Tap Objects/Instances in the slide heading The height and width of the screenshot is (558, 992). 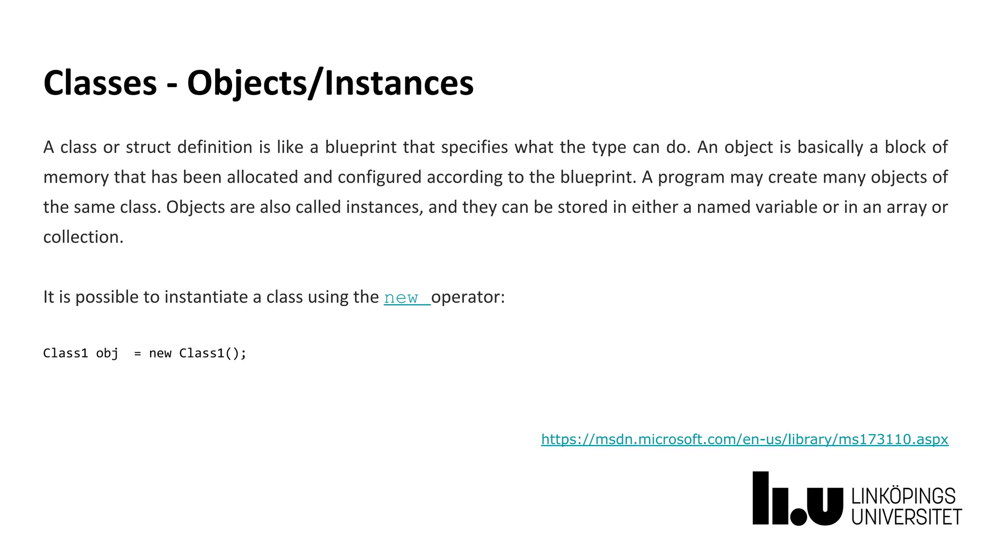click(330, 83)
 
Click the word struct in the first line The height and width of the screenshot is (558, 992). click(148, 147)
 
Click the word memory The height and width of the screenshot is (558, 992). click(76, 177)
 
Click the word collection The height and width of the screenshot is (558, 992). click(83, 237)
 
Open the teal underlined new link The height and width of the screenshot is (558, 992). click(402, 297)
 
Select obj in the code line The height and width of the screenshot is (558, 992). click(107, 353)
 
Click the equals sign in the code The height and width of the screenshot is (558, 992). click(138, 354)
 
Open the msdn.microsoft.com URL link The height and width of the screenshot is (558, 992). click(744, 439)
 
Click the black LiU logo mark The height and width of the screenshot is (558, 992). click(797, 499)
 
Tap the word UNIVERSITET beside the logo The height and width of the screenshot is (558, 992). click(906, 517)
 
